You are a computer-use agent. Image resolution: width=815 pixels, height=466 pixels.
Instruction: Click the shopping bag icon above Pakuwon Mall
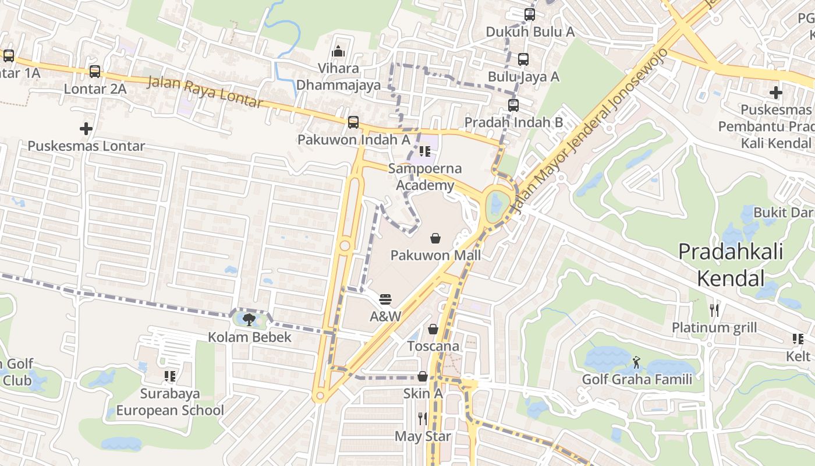click(435, 238)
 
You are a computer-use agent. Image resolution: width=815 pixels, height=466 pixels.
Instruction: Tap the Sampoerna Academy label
click(425, 177)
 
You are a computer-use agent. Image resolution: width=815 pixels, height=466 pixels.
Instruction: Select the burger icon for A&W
click(385, 299)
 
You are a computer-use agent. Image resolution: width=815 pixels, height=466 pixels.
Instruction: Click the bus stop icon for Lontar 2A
click(95, 72)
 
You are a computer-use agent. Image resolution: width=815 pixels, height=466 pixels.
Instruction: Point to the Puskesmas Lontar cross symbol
click(86, 128)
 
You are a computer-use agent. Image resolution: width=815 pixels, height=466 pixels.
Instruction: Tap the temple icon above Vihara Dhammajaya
click(338, 52)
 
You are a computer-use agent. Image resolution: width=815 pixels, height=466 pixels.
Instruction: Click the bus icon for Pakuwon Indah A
click(353, 122)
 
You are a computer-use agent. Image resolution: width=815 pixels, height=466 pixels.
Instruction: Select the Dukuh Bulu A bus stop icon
click(529, 15)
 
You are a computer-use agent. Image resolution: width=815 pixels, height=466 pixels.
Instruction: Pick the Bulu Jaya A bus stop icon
click(523, 59)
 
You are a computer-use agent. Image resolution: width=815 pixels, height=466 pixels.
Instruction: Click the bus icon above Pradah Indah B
click(513, 105)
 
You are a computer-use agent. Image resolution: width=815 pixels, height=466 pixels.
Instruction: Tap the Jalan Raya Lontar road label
click(205, 92)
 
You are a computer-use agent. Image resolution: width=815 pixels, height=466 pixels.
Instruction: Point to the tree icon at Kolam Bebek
click(249, 319)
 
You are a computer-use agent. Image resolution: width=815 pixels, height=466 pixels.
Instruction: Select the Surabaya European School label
click(169, 402)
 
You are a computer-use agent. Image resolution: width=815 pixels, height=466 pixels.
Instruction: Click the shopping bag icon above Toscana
click(433, 329)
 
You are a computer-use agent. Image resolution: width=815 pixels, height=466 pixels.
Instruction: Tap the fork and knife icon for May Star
click(423, 418)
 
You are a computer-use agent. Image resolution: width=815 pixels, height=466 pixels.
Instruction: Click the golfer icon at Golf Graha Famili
click(637, 362)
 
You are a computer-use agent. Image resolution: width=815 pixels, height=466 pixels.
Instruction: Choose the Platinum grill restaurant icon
click(714, 310)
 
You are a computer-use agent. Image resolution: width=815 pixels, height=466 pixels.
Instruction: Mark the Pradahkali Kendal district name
click(731, 264)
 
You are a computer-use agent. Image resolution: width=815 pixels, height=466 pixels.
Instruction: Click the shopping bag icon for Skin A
click(423, 377)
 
